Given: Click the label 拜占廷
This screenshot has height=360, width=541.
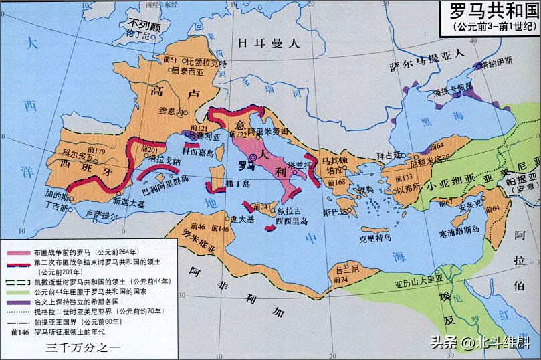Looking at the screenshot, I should (388, 155).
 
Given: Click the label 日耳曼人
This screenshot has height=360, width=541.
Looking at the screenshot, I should (267, 43).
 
